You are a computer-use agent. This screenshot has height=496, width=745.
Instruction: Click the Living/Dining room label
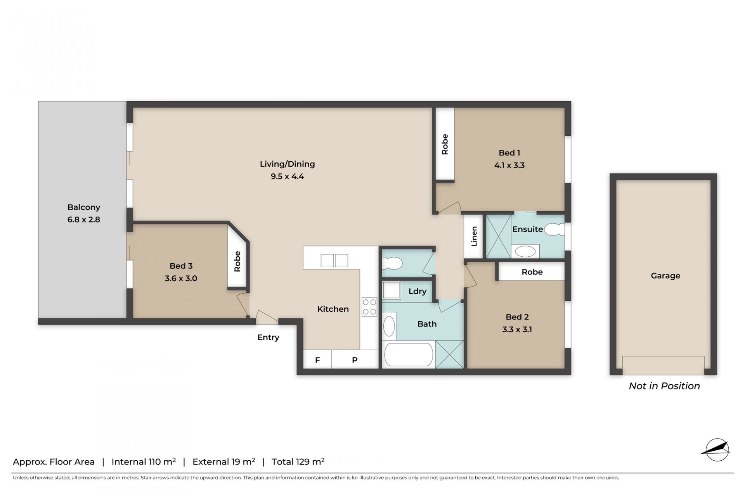pos(287,164)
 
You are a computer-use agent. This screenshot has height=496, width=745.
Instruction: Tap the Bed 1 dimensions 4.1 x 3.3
pos(509,165)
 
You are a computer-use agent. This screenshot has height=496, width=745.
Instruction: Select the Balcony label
pos(84,207)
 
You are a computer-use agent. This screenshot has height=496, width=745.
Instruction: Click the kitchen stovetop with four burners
pos(369,307)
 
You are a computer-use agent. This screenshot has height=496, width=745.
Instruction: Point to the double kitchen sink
pos(334,261)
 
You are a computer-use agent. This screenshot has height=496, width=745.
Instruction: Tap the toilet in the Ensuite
pos(554,230)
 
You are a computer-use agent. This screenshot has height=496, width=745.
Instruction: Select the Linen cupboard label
pos(474,237)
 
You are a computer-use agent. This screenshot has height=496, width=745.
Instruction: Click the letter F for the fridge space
pos(317,360)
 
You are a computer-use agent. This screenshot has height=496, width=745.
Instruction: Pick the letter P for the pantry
pos(355,360)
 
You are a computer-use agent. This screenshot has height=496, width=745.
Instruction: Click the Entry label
pos(268,337)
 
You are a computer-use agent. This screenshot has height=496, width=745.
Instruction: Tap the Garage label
pos(665,276)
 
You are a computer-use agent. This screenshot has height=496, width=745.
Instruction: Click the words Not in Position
pos(664,386)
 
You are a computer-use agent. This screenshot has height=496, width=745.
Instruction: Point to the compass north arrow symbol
pos(716,450)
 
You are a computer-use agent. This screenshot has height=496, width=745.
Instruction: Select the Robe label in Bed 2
pos(532,272)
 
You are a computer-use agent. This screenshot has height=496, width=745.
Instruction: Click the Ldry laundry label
pos(418,291)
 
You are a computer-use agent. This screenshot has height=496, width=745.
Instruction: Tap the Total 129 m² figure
pos(298,461)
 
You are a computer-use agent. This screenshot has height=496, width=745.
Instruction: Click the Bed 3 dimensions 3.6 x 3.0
pos(181,278)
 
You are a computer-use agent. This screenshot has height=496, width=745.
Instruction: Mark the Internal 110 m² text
pos(144,461)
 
